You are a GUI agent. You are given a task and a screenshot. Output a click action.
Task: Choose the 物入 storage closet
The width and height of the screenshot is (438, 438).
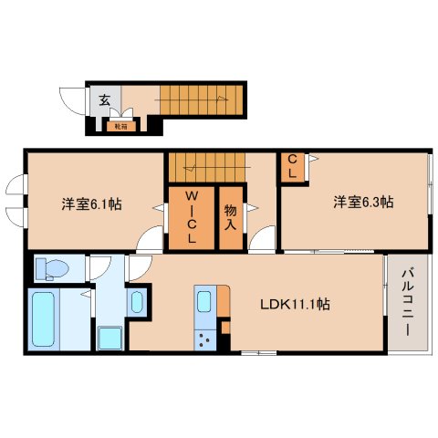coord(232,218)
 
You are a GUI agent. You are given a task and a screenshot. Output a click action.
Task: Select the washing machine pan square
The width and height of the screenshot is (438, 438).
coord(110,336)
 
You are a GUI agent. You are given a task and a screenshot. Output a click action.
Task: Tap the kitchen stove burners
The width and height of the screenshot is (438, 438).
coord(203,342)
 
